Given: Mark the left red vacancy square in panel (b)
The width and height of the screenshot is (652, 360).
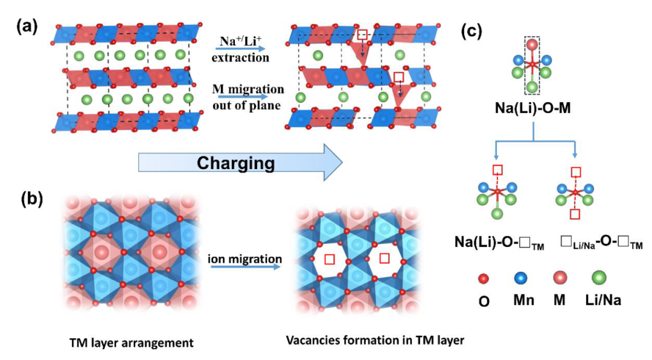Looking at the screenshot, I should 330,260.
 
